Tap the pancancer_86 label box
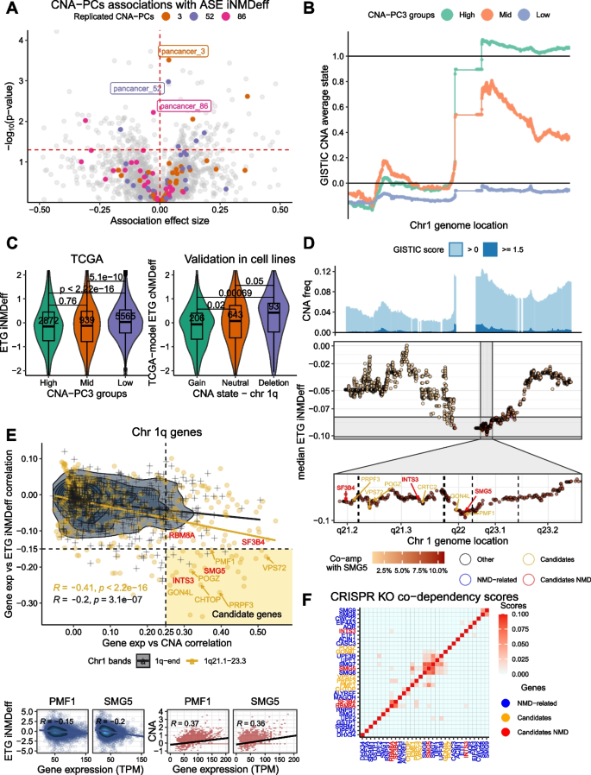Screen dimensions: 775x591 (x=181, y=106)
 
